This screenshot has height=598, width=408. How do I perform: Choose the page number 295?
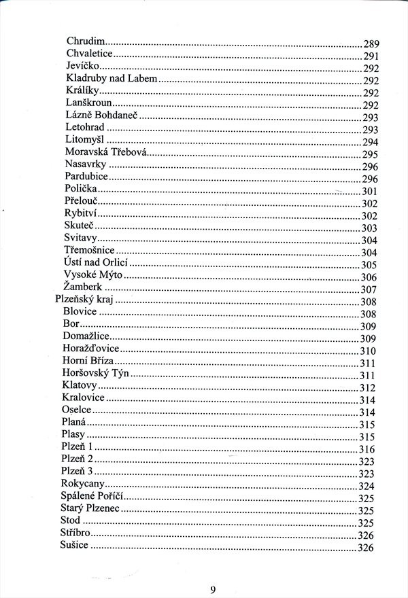point(370,155)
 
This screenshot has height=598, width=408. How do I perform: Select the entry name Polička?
point(81,188)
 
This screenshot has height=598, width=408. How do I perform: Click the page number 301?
point(370,192)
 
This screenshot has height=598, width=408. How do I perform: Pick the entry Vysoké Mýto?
point(93,275)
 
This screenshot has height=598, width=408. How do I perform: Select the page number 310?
point(368,351)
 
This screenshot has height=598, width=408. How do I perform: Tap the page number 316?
point(367,449)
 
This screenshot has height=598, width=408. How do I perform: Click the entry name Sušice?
point(74,546)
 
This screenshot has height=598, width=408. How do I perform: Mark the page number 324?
point(367,487)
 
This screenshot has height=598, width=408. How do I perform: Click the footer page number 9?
point(213,589)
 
